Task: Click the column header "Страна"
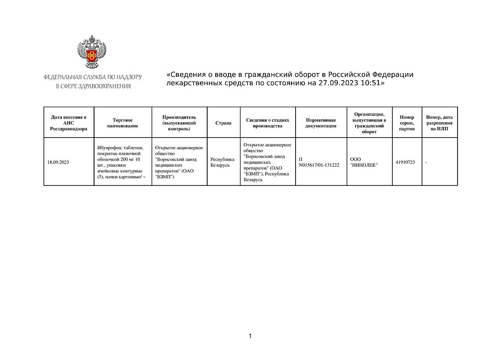(x=224, y=123)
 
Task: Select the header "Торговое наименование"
(x=123, y=123)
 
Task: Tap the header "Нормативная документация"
(x=321, y=123)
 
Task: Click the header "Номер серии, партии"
(x=407, y=123)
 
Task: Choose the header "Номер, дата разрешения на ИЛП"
(x=439, y=123)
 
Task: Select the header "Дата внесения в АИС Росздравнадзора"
(x=69, y=123)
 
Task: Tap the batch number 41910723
(x=405, y=162)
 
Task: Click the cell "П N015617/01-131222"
(x=319, y=162)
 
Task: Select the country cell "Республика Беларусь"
(x=223, y=162)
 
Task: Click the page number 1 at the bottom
(x=250, y=336)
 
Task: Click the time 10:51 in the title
(x=370, y=83)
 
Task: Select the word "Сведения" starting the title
(x=186, y=74)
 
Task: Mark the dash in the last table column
(x=426, y=162)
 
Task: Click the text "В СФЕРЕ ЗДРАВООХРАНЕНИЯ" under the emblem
(x=93, y=86)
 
